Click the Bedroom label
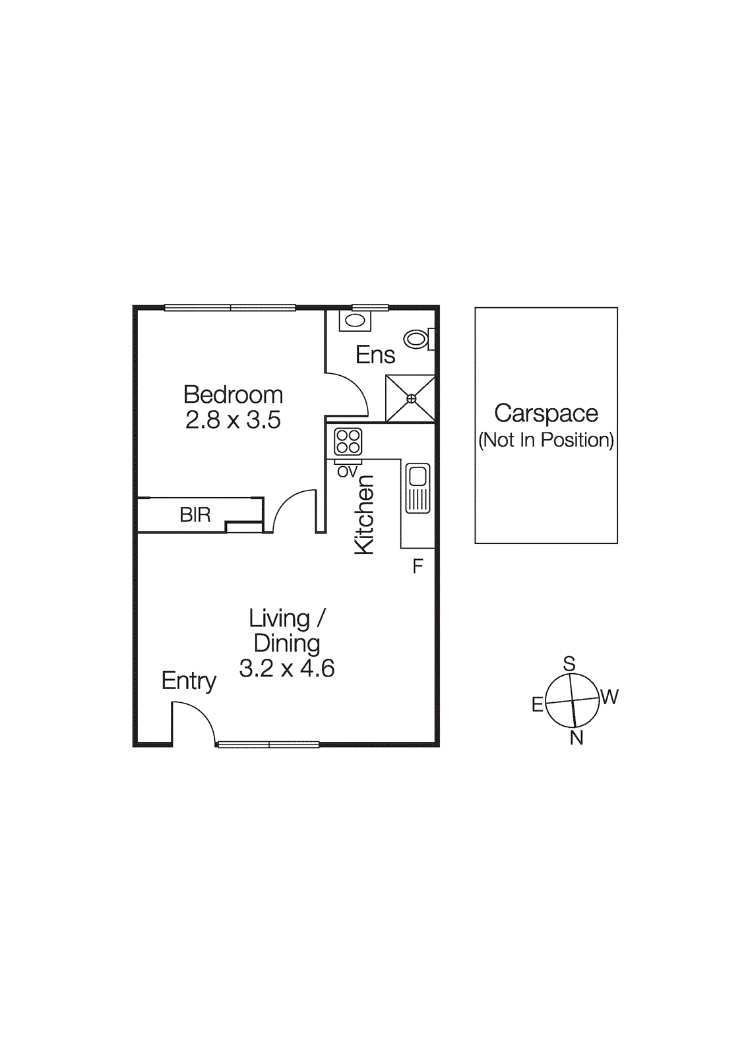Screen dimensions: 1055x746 point(233,394)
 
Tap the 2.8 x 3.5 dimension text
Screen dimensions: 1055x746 point(233,420)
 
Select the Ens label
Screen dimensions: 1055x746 point(375,355)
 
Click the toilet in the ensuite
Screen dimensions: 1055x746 point(416,340)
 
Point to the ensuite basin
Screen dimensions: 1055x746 point(355,320)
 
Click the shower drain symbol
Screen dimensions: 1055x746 point(411,398)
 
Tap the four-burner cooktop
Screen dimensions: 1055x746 point(348,441)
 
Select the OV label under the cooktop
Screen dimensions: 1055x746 point(347,472)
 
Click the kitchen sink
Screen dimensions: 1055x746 point(418,488)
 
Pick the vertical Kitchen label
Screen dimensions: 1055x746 point(364,515)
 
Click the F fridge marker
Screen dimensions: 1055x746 point(418,566)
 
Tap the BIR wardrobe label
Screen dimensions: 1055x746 point(195,515)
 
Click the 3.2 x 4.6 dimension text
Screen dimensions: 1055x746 point(287,669)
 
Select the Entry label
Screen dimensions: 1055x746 point(189,680)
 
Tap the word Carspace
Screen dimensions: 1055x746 point(546,413)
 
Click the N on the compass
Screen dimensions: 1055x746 point(576,738)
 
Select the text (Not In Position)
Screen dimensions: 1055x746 point(546,440)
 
